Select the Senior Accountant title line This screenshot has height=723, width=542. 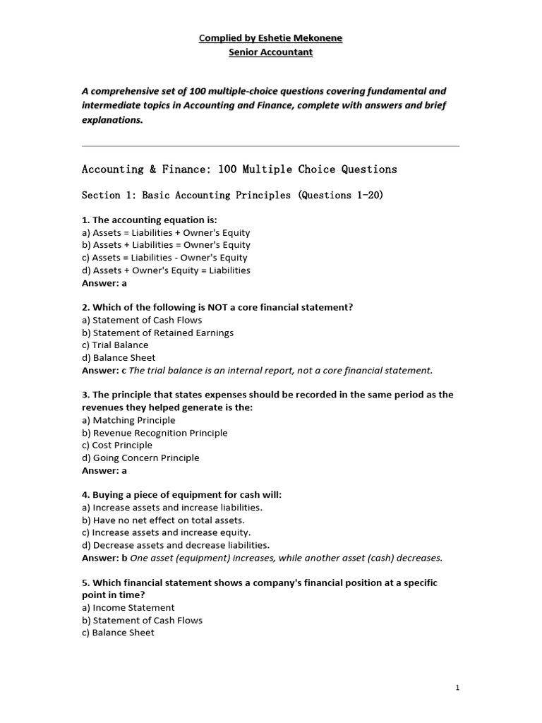[270, 52]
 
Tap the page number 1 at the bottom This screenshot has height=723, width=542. [458, 688]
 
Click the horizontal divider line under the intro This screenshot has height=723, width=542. [270, 146]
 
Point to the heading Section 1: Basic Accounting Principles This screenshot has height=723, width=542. [232, 195]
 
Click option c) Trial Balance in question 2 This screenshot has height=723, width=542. [115, 345]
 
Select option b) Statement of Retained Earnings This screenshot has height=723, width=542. [157, 333]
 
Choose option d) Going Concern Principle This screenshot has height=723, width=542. [140, 458]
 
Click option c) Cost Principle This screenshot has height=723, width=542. [117, 445]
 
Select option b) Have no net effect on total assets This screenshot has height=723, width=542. [163, 520]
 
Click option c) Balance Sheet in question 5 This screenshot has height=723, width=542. [118, 633]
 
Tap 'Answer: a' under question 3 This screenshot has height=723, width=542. [104, 470]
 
